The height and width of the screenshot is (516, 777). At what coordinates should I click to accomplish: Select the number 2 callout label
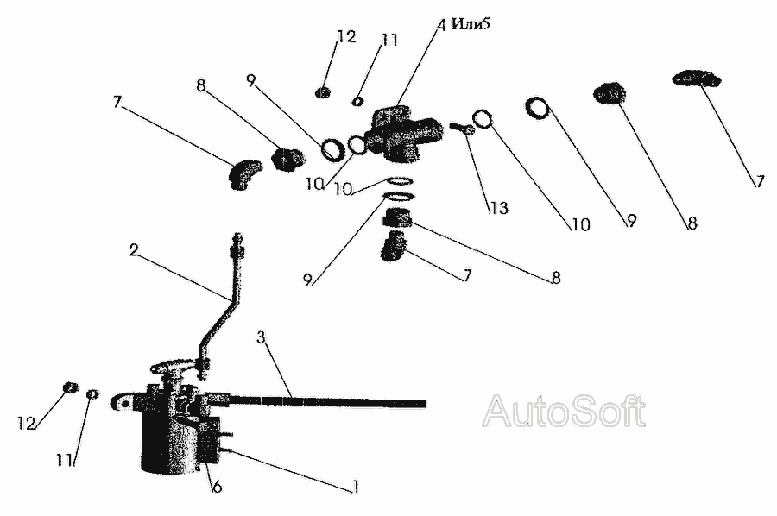[x=134, y=250]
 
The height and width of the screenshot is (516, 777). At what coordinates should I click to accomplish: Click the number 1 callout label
[x=354, y=488]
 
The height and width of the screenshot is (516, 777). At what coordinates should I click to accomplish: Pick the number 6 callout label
[x=217, y=488]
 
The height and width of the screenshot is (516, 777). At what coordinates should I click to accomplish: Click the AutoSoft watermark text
[x=564, y=412]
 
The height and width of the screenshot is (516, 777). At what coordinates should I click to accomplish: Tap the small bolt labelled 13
[x=461, y=129]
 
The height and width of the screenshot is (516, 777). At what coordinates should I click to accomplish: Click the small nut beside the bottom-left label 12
[x=72, y=388]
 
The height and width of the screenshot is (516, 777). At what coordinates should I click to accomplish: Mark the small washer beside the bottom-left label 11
[x=92, y=394]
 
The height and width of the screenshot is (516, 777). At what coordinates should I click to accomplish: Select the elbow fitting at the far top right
[x=695, y=80]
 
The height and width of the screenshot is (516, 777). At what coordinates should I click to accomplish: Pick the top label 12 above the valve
[x=346, y=37]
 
